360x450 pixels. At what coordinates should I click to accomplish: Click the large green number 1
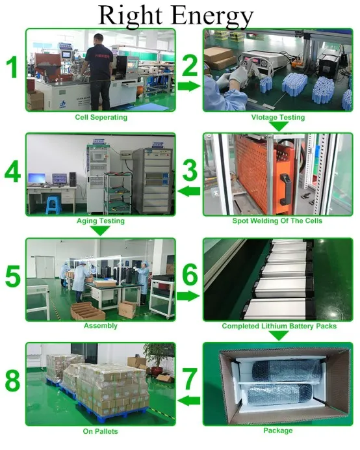(12, 68)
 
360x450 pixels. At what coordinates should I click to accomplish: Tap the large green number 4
(12, 171)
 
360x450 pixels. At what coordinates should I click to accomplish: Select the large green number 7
(190, 379)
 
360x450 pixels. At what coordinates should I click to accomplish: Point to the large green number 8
(12, 380)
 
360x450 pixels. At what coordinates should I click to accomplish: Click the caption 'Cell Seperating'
(101, 117)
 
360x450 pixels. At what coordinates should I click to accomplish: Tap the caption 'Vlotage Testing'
(278, 117)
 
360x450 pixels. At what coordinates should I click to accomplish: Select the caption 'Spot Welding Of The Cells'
(277, 220)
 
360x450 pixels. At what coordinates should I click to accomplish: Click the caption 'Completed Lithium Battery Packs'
(279, 326)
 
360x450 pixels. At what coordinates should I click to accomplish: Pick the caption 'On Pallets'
(101, 431)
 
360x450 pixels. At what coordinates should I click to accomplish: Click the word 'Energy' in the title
(213, 16)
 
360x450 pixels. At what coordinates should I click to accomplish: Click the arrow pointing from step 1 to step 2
(188, 86)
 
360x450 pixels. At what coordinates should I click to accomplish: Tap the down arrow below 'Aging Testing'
(100, 230)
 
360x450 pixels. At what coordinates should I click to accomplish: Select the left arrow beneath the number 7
(188, 401)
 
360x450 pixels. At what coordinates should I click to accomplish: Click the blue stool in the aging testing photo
(53, 205)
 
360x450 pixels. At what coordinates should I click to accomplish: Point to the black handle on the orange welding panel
(284, 189)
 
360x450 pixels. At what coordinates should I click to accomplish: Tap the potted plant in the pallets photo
(157, 359)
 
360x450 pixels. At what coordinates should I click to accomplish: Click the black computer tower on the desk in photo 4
(73, 179)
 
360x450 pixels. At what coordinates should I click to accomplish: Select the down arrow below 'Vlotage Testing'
(278, 126)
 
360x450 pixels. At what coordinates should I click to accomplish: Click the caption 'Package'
(278, 430)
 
